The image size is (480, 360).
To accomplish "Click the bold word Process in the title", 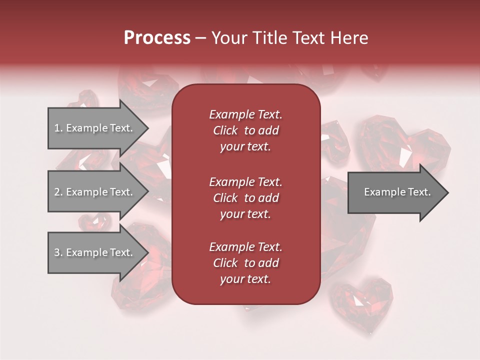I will tap(157, 38).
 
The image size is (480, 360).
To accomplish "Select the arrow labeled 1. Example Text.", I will tap(95, 128).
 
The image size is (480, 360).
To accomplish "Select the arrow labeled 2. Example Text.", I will tap(95, 192).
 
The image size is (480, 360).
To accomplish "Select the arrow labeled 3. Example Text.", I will tap(95, 252).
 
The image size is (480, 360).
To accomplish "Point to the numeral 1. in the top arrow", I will tap(58, 128).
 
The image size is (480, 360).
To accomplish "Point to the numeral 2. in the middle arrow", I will tap(58, 192).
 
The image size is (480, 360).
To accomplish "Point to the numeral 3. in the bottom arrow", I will tap(58, 252).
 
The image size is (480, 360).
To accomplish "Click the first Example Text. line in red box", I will tap(245, 114).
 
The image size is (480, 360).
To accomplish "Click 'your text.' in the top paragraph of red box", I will tap(245, 147).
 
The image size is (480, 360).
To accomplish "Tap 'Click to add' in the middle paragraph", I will tap(245, 198).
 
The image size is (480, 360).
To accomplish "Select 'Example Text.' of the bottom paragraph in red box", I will tap(245, 247).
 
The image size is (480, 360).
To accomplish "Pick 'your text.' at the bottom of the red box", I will tap(245, 279).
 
